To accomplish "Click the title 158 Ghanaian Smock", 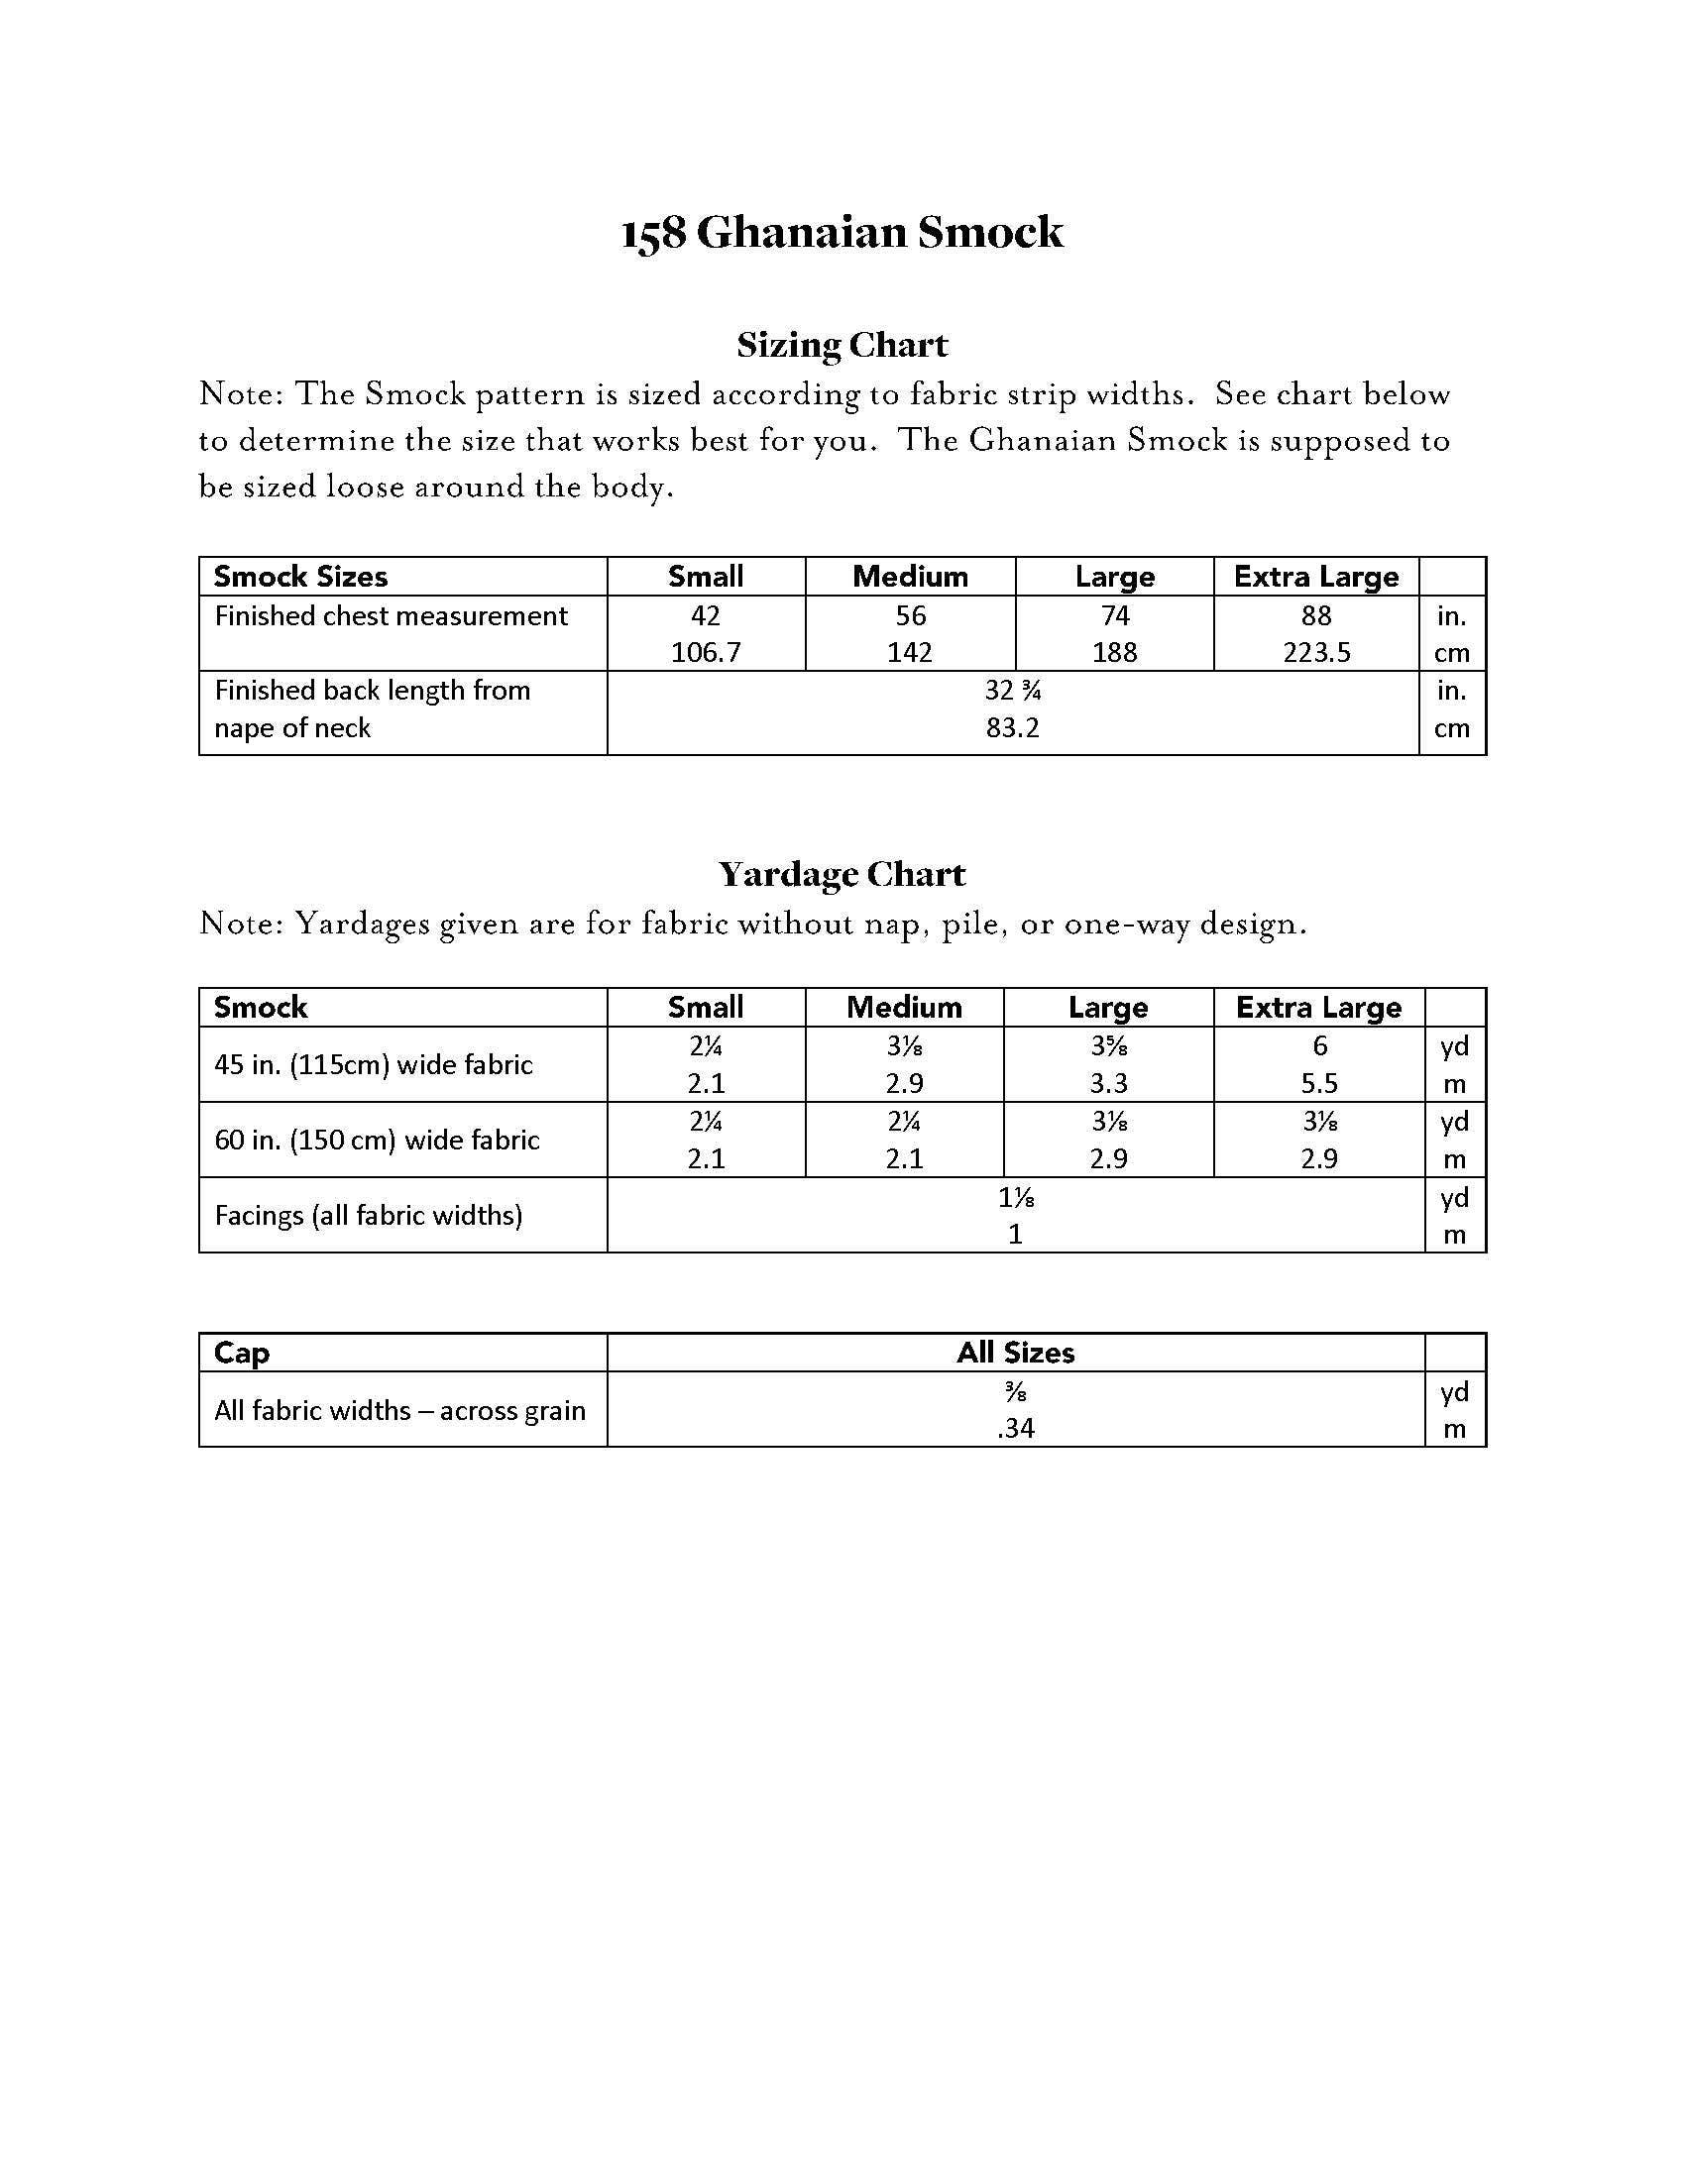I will (x=842, y=233).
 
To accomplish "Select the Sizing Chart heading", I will (x=842, y=346).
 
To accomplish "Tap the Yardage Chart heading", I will (x=842, y=874).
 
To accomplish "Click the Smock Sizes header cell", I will (x=300, y=577).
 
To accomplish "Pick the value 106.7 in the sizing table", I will (x=706, y=653).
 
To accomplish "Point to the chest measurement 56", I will (x=910, y=616).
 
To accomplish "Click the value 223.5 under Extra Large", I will (x=1316, y=653).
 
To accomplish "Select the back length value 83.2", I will (x=1012, y=727).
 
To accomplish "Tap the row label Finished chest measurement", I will (x=392, y=616).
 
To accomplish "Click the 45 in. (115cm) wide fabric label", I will (x=374, y=1065).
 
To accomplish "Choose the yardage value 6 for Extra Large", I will (x=1319, y=1046).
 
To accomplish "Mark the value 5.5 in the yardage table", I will (x=1319, y=1084).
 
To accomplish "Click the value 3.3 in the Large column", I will (x=1108, y=1084).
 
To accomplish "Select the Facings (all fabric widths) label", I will (x=369, y=1216).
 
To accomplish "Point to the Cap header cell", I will (x=242, y=1354).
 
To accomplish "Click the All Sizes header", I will (x=1015, y=1354).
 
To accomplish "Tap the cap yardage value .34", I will (x=1015, y=1429).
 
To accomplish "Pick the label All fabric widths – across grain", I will (x=399, y=1410).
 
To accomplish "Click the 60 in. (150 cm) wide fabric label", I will (x=377, y=1140).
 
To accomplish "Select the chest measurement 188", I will (x=1114, y=653).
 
